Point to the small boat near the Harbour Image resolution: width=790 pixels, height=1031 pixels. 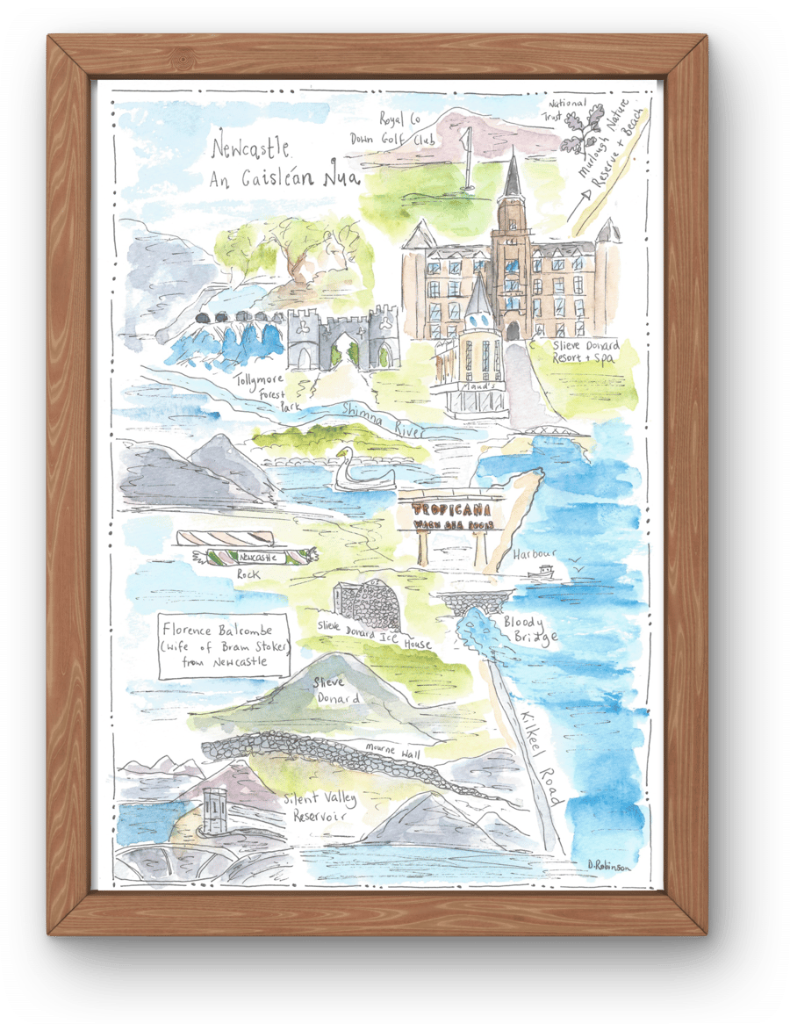point(543,573)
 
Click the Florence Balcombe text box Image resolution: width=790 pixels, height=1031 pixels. point(224,645)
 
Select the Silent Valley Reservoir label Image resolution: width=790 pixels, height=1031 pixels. point(315,807)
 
